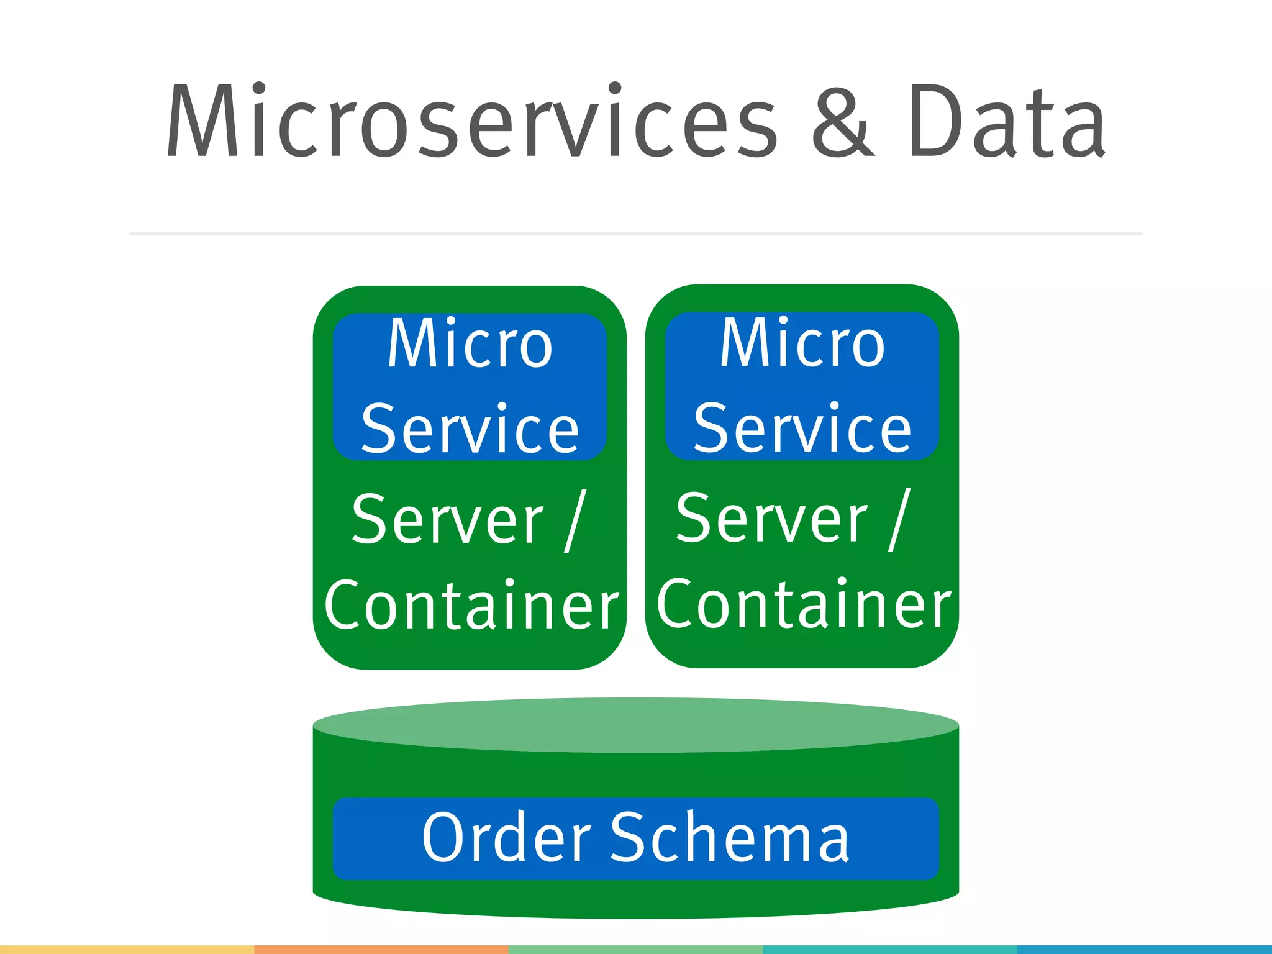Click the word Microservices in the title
pos(472,121)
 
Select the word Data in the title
pos(1006,121)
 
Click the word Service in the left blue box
pos(470,429)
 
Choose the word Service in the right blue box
pos(802,428)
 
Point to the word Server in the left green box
pos(447,519)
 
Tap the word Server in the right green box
pos(771,518)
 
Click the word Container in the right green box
pos(804,604)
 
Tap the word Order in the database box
pos(506,838)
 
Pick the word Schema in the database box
pos(730,838)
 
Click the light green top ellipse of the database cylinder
pos(636,725)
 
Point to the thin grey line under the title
pos(636,234)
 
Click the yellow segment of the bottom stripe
pos(127,950)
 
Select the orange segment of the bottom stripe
pos(381,950)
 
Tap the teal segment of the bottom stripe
pos(890,950)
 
